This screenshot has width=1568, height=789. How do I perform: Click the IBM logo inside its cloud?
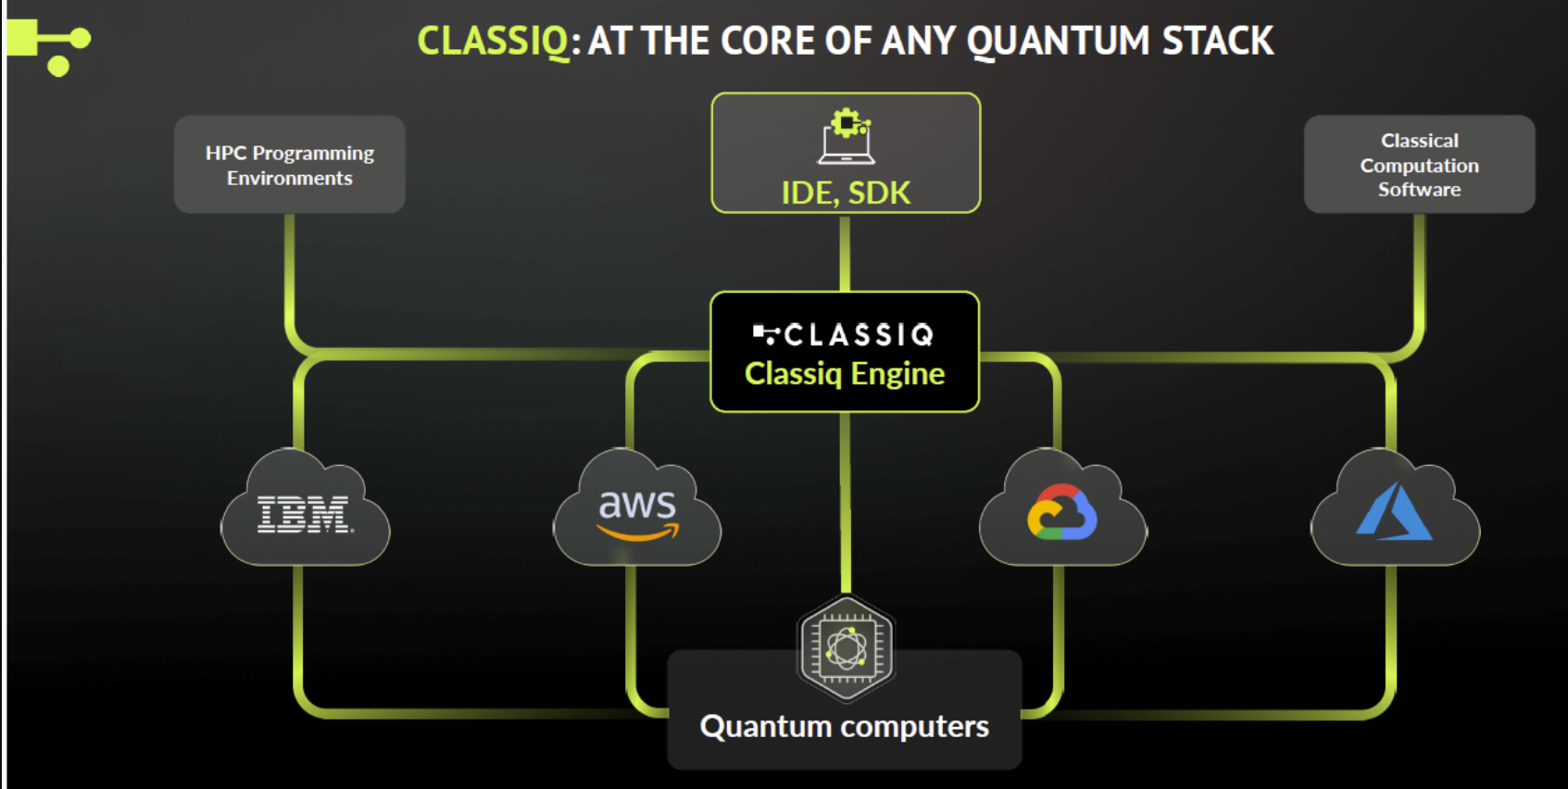tap(304, 514)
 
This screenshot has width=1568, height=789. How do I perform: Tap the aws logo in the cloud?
tap(637, 514)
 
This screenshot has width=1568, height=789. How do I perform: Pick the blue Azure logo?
tap(1394, 512)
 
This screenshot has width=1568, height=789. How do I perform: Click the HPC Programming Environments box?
tap(289, 165)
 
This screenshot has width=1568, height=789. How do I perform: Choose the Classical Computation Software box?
tap(1419, 165)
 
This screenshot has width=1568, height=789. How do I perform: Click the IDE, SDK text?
tap(846, 193)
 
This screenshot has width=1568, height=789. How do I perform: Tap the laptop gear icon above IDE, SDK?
tap(847, 136)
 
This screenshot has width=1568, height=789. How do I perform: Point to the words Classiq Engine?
tap(845, 373)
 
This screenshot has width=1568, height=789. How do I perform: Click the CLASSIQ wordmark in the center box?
tap(845, 334)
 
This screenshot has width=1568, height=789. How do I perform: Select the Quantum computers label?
tap(844, 727)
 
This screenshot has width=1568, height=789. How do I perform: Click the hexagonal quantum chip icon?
tap(846, 648)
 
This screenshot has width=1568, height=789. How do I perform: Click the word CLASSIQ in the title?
tap(493, 41)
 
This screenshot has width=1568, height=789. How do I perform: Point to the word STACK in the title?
tap(1217, 41)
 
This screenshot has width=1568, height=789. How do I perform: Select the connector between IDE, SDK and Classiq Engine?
tap(845, 252)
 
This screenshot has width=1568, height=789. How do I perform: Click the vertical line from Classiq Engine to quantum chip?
tap(845, 500)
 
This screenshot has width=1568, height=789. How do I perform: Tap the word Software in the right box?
tap(1419, 190)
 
